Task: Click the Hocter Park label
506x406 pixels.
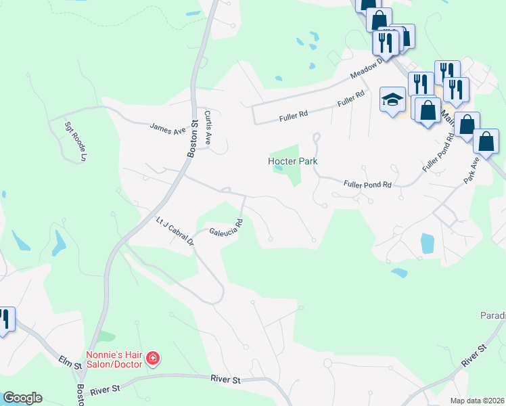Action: click(x=292, y=161)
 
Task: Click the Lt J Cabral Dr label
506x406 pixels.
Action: click(x=175, y=231)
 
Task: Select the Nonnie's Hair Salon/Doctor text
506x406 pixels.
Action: click(x=114, y=359)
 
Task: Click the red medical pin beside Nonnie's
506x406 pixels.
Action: click(x=154, y=358)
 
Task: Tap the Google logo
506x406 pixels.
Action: click(x=22, y=398)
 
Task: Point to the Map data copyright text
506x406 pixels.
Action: click(x=476, y=401)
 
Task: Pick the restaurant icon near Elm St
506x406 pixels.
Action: click(x=4, y=318)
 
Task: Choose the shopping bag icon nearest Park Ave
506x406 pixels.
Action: click(x=486, y=141)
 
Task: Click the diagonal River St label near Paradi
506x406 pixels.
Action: click(x=474, y=357)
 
